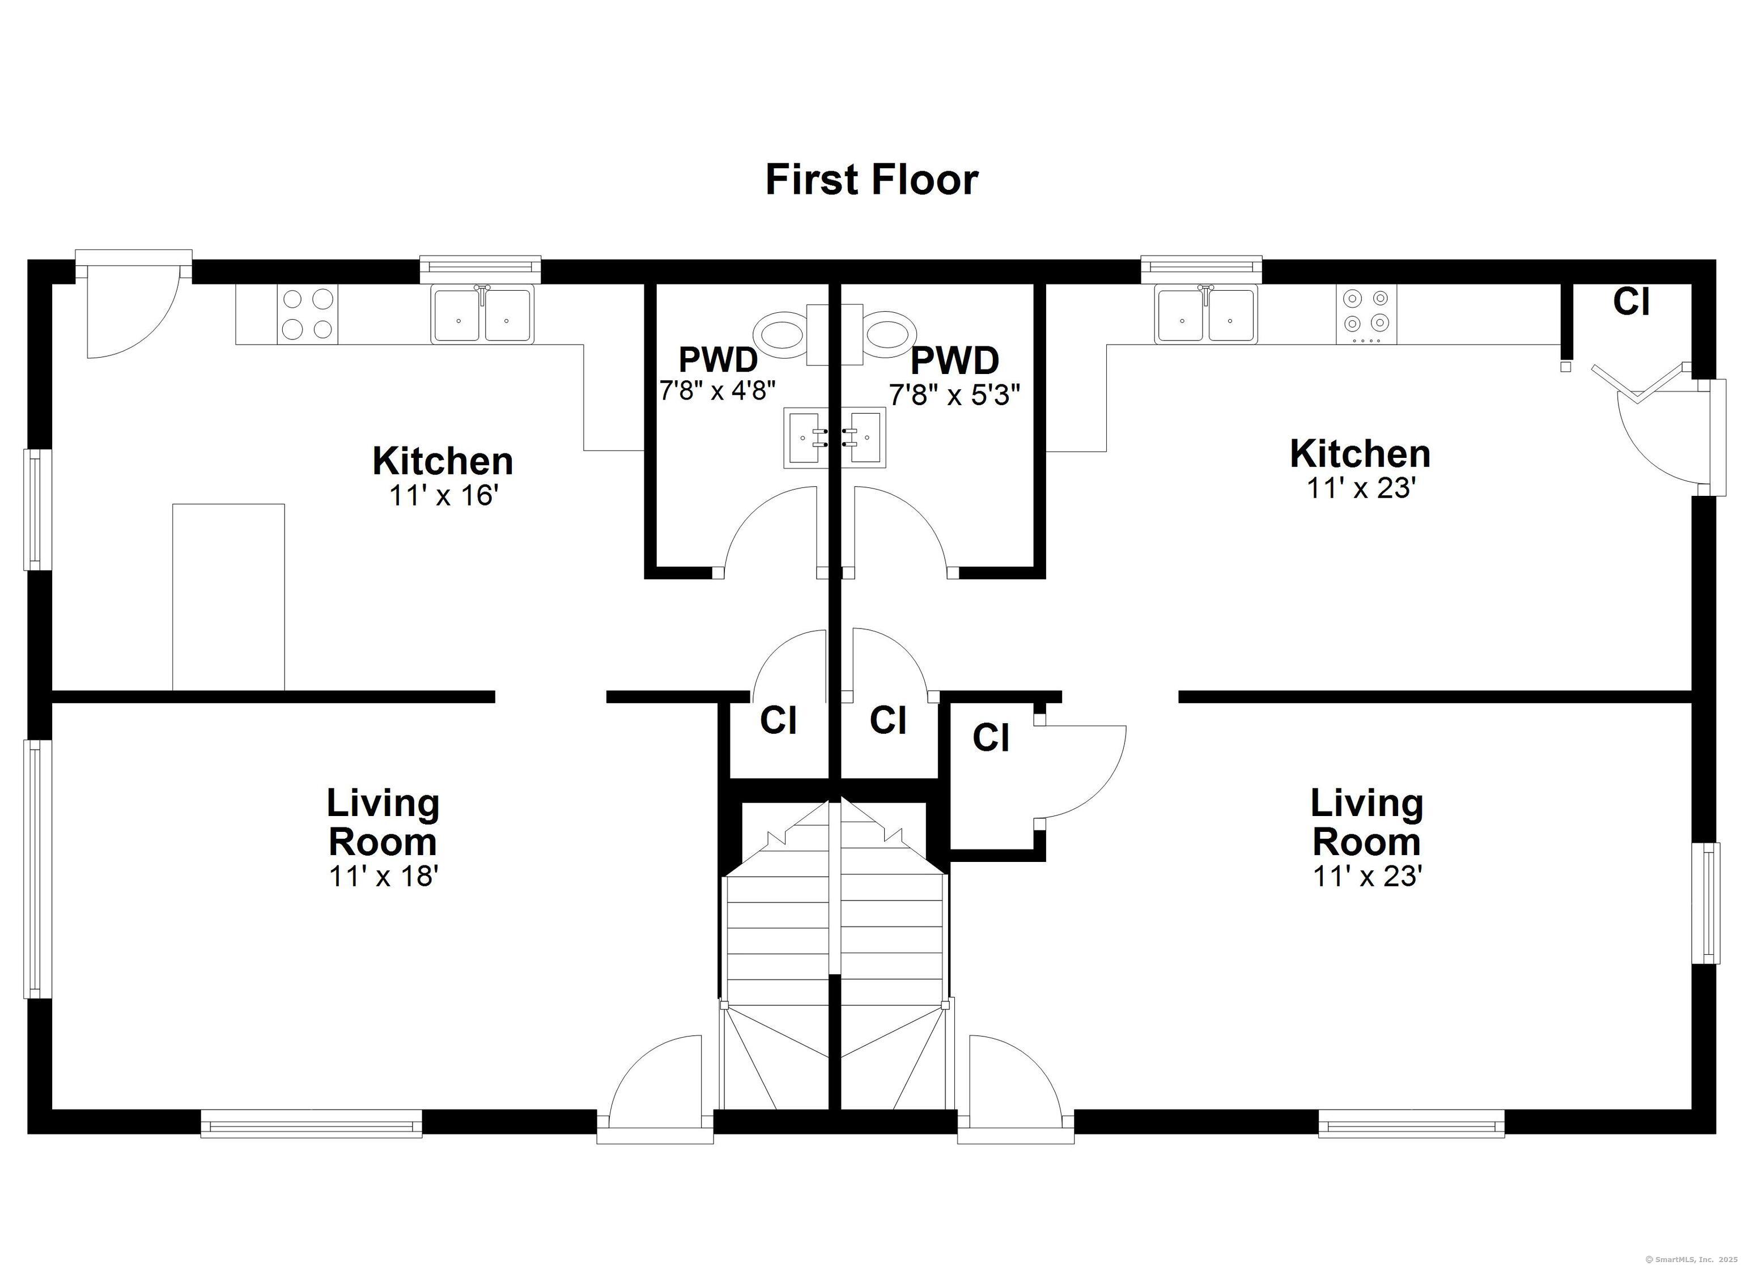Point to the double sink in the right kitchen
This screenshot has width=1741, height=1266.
(x=1206, y=314)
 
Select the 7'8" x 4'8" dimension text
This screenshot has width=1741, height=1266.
(x=717, y=390)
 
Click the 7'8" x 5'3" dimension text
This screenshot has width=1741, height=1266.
(x=954, y=394)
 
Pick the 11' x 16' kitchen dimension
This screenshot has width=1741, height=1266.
(x=444, y=496)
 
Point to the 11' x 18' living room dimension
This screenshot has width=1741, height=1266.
(x=383, y=875)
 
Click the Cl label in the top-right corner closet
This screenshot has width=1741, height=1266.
(x=1631, y=301)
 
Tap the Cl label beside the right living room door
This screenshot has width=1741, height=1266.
(x=990, y=738)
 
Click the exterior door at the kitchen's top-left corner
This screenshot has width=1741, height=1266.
(x=130, y=307)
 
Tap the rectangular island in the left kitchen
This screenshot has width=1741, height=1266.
(x=228, y=597)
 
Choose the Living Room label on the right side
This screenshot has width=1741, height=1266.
(x=1366, y=822)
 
